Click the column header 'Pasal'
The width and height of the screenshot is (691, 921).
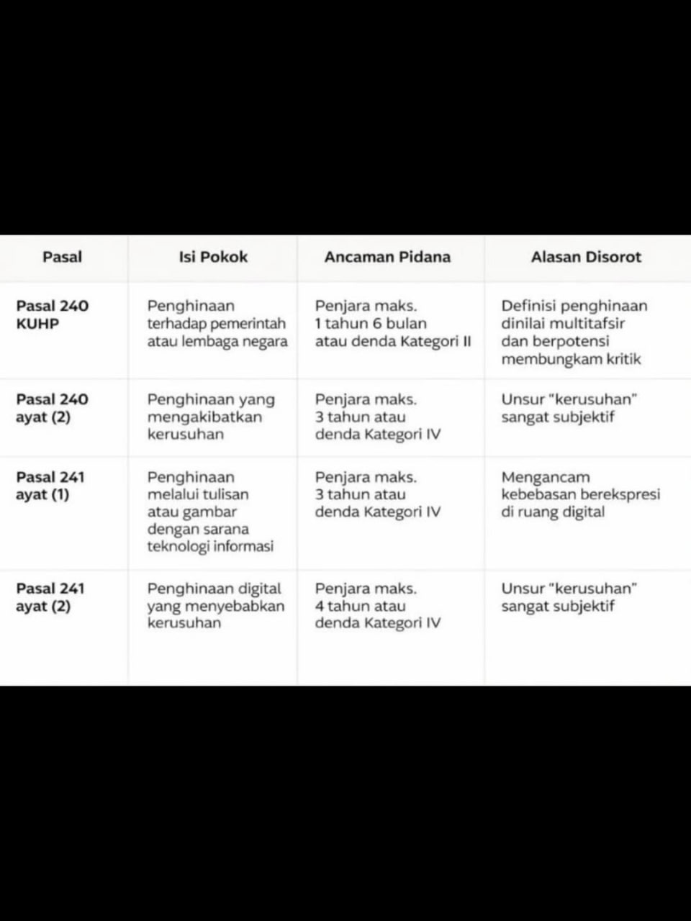62,257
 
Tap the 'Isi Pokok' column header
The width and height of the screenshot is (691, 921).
212,257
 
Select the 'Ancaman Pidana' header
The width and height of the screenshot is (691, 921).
387,257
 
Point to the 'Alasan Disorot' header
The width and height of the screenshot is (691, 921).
586,257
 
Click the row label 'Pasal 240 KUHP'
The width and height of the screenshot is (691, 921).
52,314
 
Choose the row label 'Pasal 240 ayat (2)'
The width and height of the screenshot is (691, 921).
52,408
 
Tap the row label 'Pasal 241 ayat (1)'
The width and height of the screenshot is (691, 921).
50,486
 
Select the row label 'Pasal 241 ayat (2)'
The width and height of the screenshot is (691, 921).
50,597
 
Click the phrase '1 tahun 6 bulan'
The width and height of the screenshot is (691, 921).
371,324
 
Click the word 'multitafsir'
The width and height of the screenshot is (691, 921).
588,324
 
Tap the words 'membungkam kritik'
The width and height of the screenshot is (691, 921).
571,359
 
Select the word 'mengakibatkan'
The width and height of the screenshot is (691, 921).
204,417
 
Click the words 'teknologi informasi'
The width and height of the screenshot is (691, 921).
210,546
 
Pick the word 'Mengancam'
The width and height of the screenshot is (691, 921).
545,477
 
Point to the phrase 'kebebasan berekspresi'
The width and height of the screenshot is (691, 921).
580,494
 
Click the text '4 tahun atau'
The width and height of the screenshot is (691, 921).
360,606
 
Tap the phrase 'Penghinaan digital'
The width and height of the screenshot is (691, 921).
214,589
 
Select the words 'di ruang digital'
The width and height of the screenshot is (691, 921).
552,512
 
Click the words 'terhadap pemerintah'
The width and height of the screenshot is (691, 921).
216,324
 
